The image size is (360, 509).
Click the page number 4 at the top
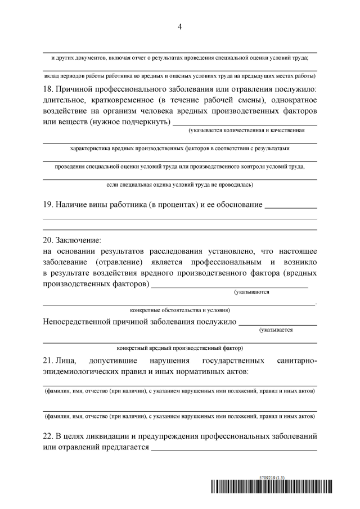[x=179, y=26]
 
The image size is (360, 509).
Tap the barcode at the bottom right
[x=272, y=488]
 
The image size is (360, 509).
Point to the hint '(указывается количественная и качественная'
[x=246, y=130]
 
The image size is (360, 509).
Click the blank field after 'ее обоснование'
[x=290, y=204]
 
